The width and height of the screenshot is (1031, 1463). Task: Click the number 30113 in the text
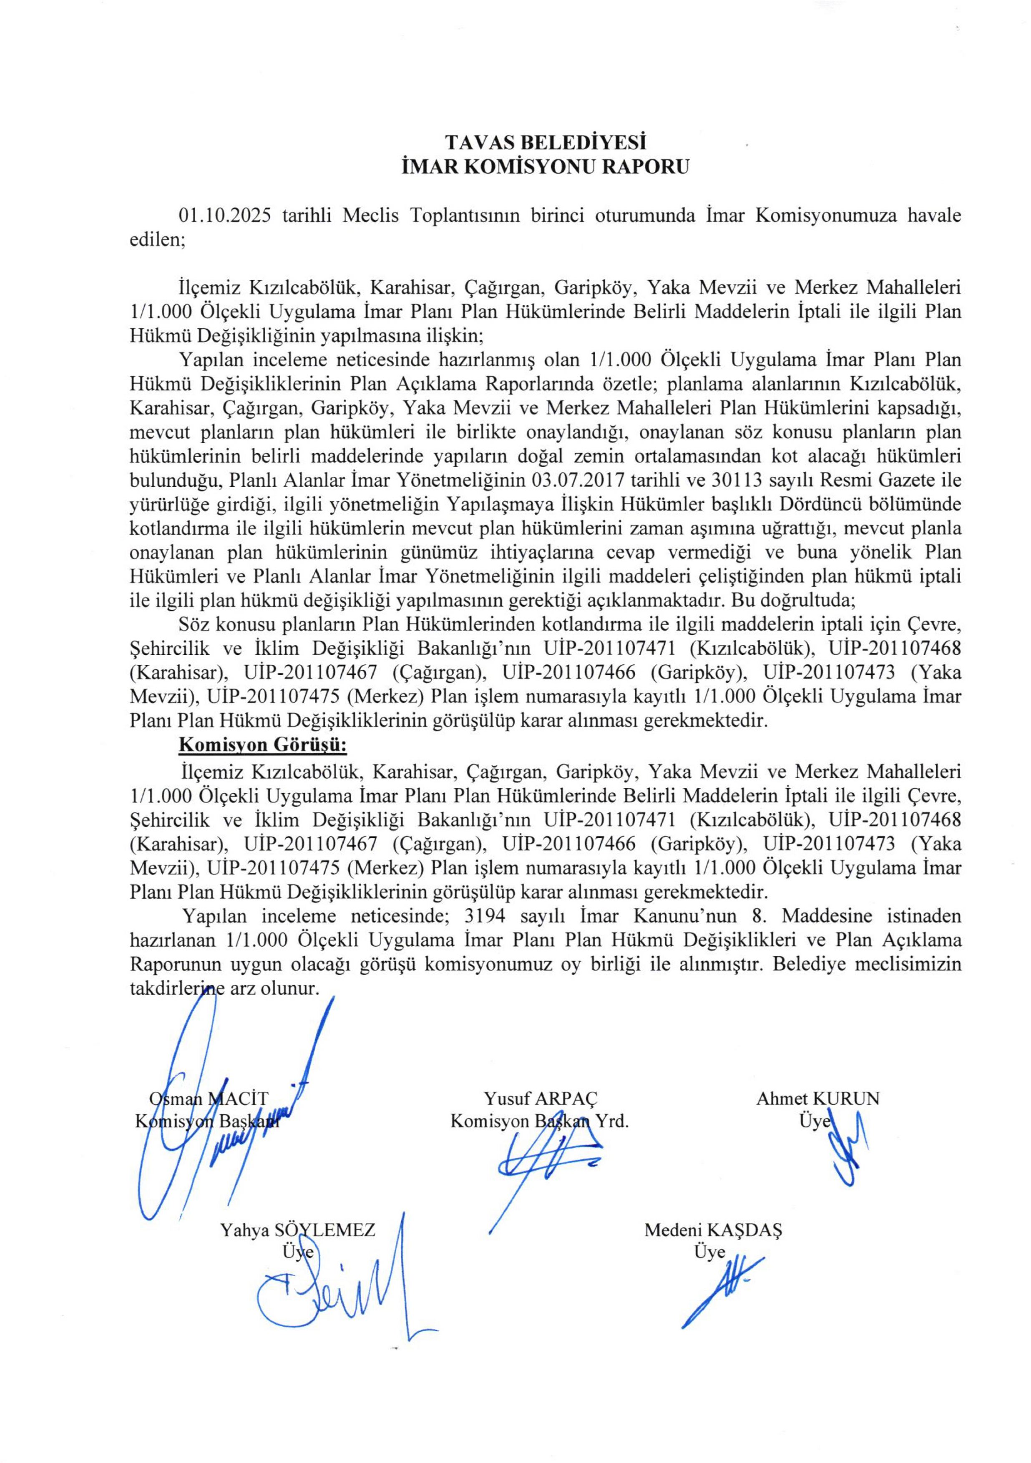742,478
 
